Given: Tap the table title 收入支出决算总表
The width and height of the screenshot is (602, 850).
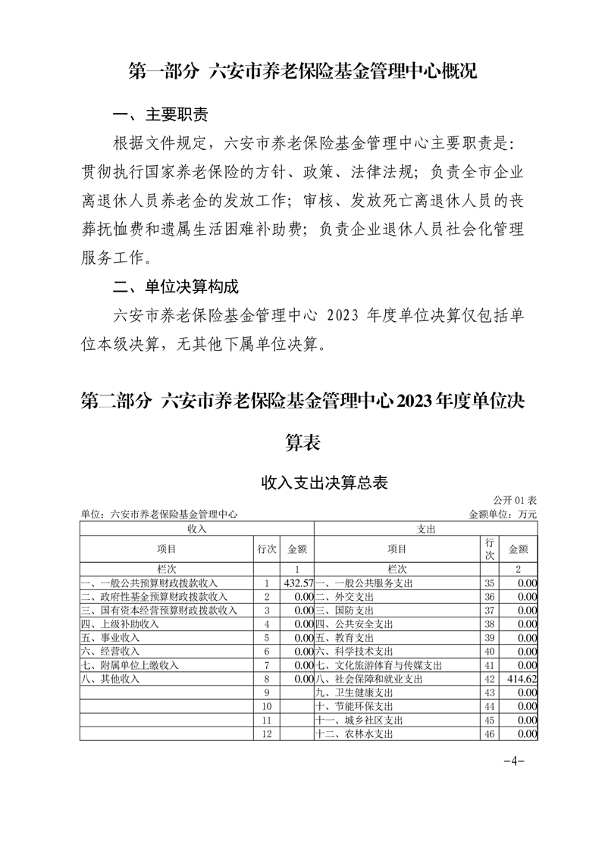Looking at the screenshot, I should coord(325,483).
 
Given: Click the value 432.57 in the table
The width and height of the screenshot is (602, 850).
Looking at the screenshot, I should coord(298,583).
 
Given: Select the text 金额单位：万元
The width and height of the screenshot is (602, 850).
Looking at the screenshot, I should coord(503,514).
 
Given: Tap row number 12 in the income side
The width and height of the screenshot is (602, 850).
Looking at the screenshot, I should coord(266,734).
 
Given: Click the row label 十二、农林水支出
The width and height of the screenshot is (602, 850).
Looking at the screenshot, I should coord(354,734).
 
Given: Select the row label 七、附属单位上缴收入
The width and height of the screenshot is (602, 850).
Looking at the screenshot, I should coord(130,665).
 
